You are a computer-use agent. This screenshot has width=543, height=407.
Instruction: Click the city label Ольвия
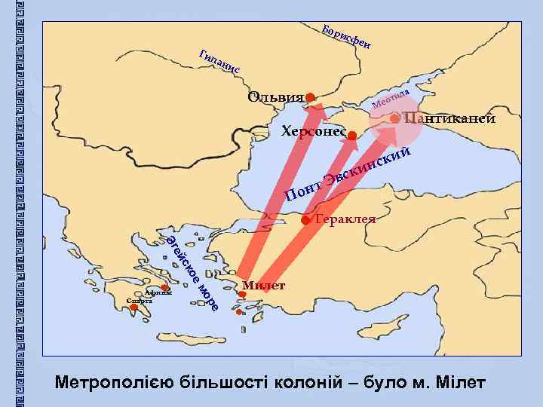point(275,97)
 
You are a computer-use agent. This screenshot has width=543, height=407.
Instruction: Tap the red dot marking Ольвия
point(311,96)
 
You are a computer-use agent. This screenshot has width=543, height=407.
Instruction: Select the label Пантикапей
point(449,118)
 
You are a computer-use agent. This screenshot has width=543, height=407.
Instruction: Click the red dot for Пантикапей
point(395,118)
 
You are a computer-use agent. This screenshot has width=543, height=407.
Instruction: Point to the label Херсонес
point(313,133)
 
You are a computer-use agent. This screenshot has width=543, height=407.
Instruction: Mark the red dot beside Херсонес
point(352,135)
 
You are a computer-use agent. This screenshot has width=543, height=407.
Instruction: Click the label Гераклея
point(345,219)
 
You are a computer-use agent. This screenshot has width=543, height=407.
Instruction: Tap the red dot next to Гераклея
point(305,220)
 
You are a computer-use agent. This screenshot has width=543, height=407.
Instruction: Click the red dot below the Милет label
point(241,295)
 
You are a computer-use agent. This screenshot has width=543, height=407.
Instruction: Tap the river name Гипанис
point(218,62)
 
